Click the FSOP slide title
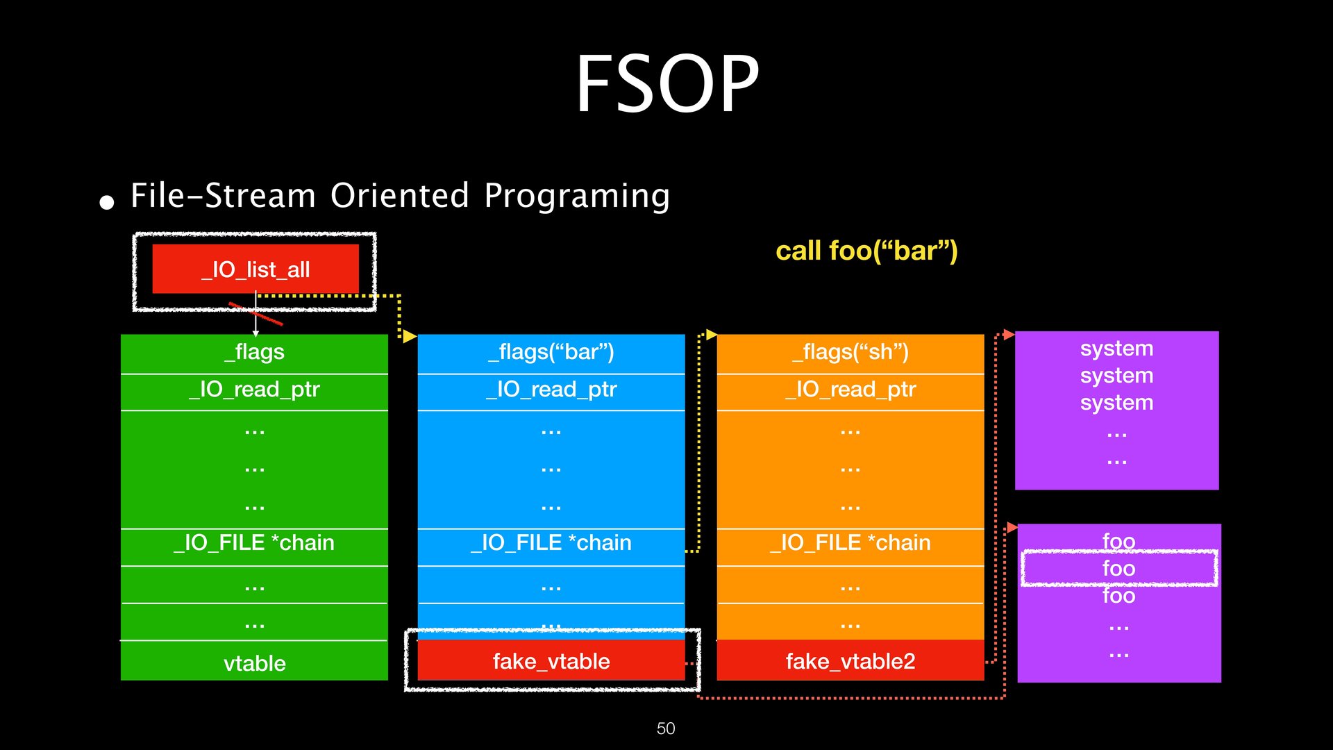tap(667, 84)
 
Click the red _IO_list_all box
tap(255, 269)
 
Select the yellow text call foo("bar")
tap(866, 251)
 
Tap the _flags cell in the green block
tap(254, 352)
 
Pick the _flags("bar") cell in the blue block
tap(551, 352)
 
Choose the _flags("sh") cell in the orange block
tap(850, 352)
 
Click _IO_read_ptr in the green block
tap(254, 390)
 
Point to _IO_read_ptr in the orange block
tap(850, 390)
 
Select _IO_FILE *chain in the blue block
tap(551, 542)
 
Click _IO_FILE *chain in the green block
tap(254, 542)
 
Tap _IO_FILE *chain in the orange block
tap(850, 542)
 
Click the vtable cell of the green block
tap(254, 663)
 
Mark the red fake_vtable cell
tap(551, 661)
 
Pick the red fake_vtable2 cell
tap(850, 661)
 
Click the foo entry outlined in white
tap(1118, 569)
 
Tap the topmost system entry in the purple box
tap(1116, 349)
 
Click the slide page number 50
tap(666, 728)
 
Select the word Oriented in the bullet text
tap(400, 196)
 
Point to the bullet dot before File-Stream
tap(107, 202)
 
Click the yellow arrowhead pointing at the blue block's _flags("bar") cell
tap(410, 336)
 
